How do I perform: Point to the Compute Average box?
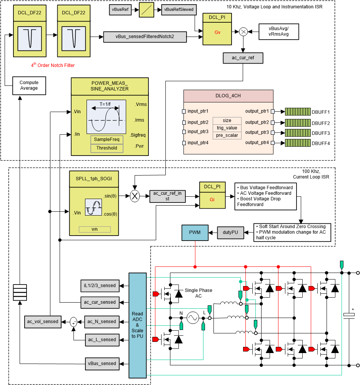(x=29, y=85)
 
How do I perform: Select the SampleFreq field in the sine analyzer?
(x=107, y=139)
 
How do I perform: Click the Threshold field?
(x=107, y=148)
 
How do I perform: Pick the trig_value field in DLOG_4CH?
(x=227, y=127)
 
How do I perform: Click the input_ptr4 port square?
(x=184, y=143)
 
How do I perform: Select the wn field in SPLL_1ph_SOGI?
(x=95, y=229)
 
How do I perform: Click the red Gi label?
(x=212, y=200)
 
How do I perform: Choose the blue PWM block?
(x=194, y=232)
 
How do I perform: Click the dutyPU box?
(x=231, y=232)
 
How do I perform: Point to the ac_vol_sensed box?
(x=43, y=321)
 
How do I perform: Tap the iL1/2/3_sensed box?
(x=100, y=285)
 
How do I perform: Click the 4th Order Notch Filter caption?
(x=53, y=65)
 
